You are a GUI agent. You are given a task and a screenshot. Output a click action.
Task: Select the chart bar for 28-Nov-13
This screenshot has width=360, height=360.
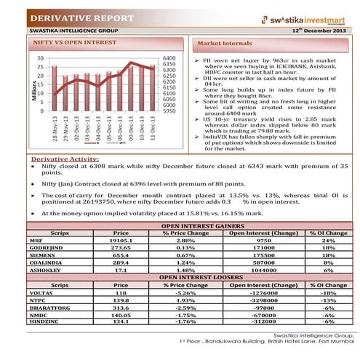coord(54,88)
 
